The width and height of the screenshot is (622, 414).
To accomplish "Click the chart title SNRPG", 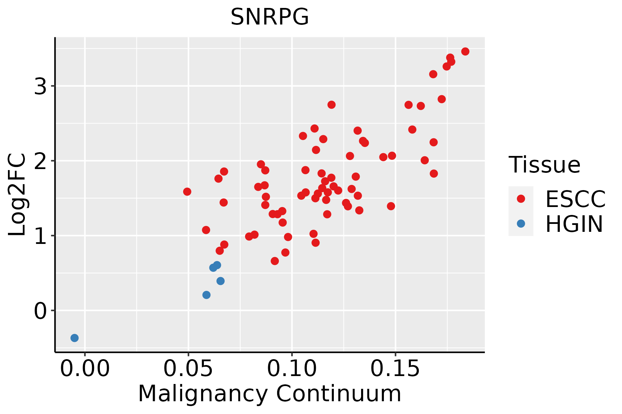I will tap(270, 17).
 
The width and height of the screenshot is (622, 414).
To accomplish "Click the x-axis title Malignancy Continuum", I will tap(270, 394).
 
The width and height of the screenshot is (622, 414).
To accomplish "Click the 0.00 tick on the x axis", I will tap(85, 369).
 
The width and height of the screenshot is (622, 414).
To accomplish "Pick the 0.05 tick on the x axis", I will tap(188, 369).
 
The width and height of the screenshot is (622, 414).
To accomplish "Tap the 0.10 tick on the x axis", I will tap(292, 369).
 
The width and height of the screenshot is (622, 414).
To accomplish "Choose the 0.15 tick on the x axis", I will tap(395, 369).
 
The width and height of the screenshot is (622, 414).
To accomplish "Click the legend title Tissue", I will tap(545, 165).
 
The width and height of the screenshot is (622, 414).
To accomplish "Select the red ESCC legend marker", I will tap(521, 198).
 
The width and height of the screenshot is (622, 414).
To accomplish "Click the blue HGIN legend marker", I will tap(521, 224).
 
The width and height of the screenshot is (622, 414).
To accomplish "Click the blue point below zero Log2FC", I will tap(75, 338).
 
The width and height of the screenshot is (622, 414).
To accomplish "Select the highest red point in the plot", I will tap(465, 51).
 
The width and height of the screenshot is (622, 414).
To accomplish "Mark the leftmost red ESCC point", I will tap(187, 191).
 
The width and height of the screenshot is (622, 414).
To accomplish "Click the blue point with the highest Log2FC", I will tap(217, 265).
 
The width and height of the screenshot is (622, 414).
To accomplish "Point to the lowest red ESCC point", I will tap(275, 261).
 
